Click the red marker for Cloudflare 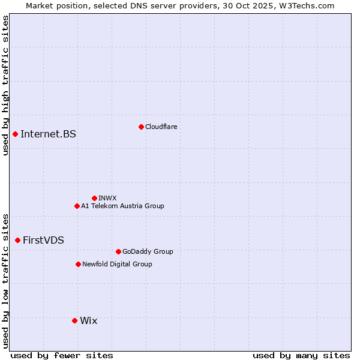[x=141, y=127]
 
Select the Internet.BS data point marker [x=15, y=134]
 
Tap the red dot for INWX [x=94, y=198]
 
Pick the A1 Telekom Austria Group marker [x=77, y=206]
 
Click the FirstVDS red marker [x=17, y=240]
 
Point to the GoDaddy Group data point [x=118, y=251]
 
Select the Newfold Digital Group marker [x=78, y=264]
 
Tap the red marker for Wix [x=74, y=320]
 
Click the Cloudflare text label [x=161, y=127]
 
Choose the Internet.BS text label [x=48, y=134]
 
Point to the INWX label [x=107, y=198]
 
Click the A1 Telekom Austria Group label [x=122, y=206]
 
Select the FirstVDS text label [x=43, y=240]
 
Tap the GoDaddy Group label [x=148, y=251]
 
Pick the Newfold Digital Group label [x=117, y=264]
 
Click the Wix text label [x=88, y=320]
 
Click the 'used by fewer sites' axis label [x=62, y=355]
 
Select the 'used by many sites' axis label [x=301, y=355]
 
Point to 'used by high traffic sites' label [x=5, y=85]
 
